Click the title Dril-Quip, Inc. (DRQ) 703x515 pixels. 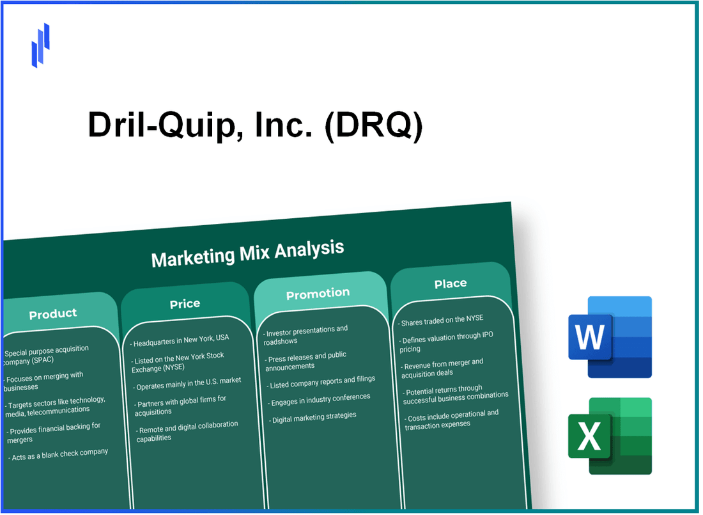[x=254, y=125]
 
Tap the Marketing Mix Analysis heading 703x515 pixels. [x=247, y=253]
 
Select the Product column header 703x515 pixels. [x=53, y=313]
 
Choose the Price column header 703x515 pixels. [x=185, y=304]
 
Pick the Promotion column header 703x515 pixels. [x=318, y=294]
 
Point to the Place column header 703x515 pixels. [x=451, y=283]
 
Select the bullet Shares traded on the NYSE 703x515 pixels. [x=442, y=318]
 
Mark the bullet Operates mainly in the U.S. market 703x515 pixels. [x=187, y=381]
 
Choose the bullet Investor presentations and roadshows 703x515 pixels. [x=307, y=335]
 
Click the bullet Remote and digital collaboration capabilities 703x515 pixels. [x=186, y=431]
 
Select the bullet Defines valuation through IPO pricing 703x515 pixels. [x=447, y=342]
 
